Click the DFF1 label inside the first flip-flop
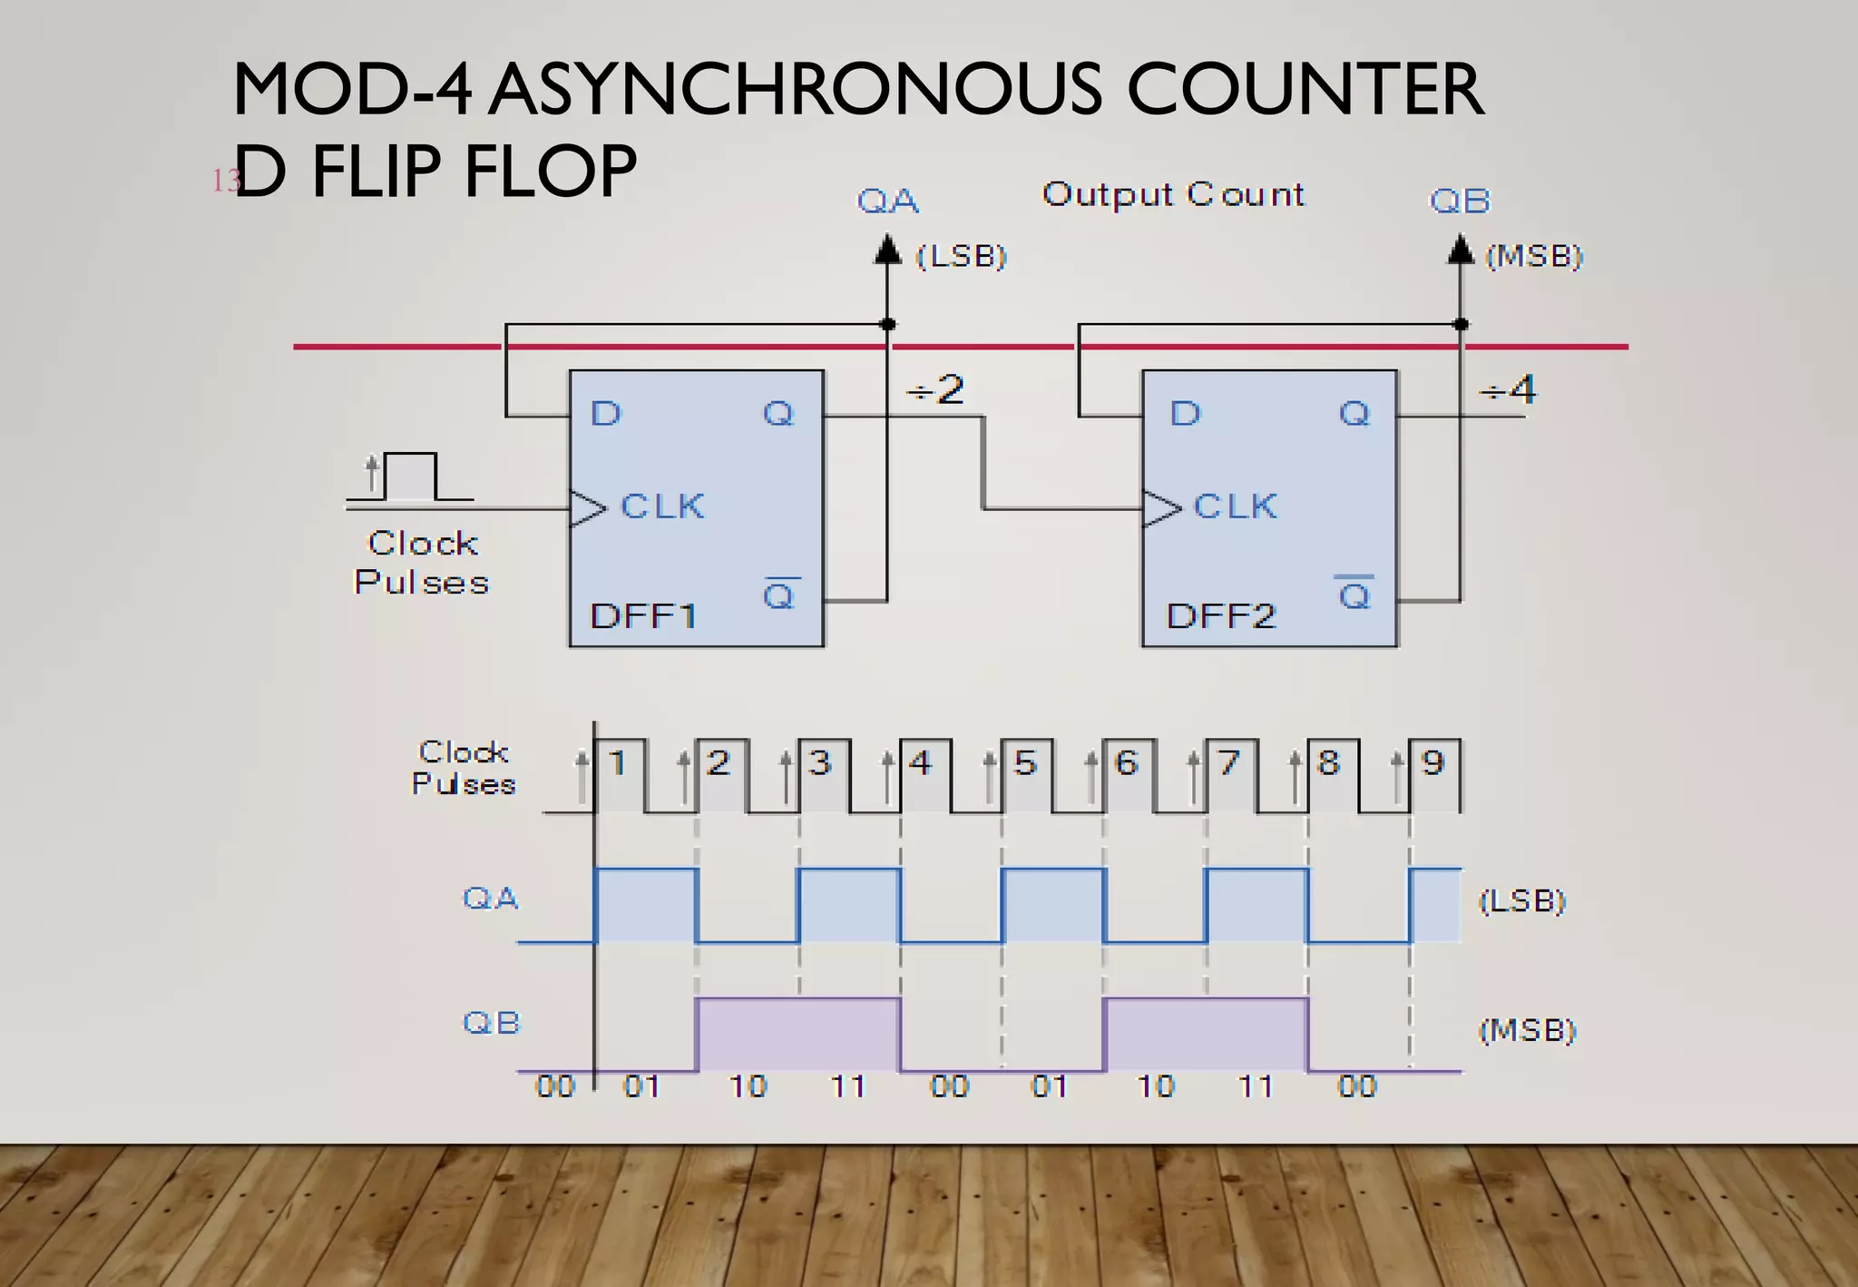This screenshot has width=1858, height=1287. tap(643, 616)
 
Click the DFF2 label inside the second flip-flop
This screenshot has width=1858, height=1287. tap(1220, 616)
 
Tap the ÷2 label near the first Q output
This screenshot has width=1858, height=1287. tap(936, 390)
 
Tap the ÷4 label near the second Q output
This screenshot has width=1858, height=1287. tap(1509, 390)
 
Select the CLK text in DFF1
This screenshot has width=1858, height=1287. tap(662, 506)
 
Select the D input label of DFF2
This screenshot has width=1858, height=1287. tap(1185, 414)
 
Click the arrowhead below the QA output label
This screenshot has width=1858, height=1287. tap(887, 250)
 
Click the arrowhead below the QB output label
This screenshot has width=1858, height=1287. tap(1460, 250)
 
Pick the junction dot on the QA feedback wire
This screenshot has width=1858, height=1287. tap(888, 324)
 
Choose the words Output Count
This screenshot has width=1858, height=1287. tap(1172, 194)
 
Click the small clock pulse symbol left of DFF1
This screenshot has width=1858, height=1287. tap(410, 477)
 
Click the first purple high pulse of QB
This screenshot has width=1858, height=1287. tap(798, 1035)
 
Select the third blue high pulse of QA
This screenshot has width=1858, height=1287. tap(1054, 905)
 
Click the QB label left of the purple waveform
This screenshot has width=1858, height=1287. tap(492, 1023)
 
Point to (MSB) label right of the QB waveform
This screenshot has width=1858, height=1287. tap(1528, 1030)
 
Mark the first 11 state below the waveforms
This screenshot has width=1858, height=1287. tap(848, 1086)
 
